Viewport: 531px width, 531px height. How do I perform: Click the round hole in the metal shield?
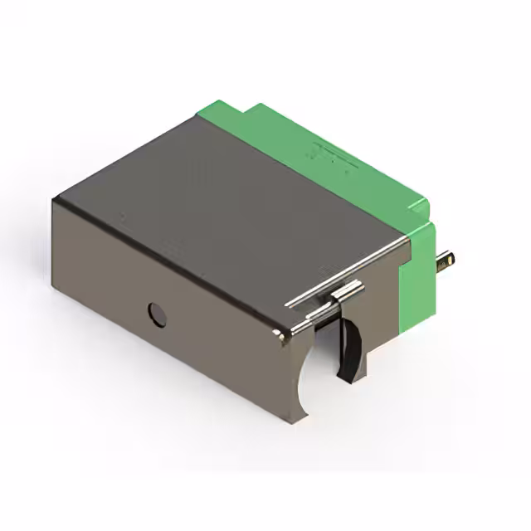click(156, 314)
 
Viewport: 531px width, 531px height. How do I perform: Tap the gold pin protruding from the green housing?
click(446, 261)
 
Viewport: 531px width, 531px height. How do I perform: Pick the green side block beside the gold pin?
click(417, 274)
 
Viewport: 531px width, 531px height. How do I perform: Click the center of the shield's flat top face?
click(232, 216)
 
